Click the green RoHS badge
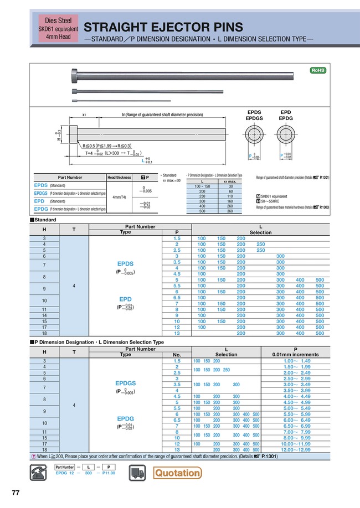point(317,70)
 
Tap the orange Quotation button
point(177,473)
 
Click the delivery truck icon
point(138,472)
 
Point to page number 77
point(16,493)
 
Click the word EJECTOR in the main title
point(171,27)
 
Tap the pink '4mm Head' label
point(54,37)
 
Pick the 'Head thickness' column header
point(119,177)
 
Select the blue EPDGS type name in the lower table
point(125,383)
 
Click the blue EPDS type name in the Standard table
point(125,264)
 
